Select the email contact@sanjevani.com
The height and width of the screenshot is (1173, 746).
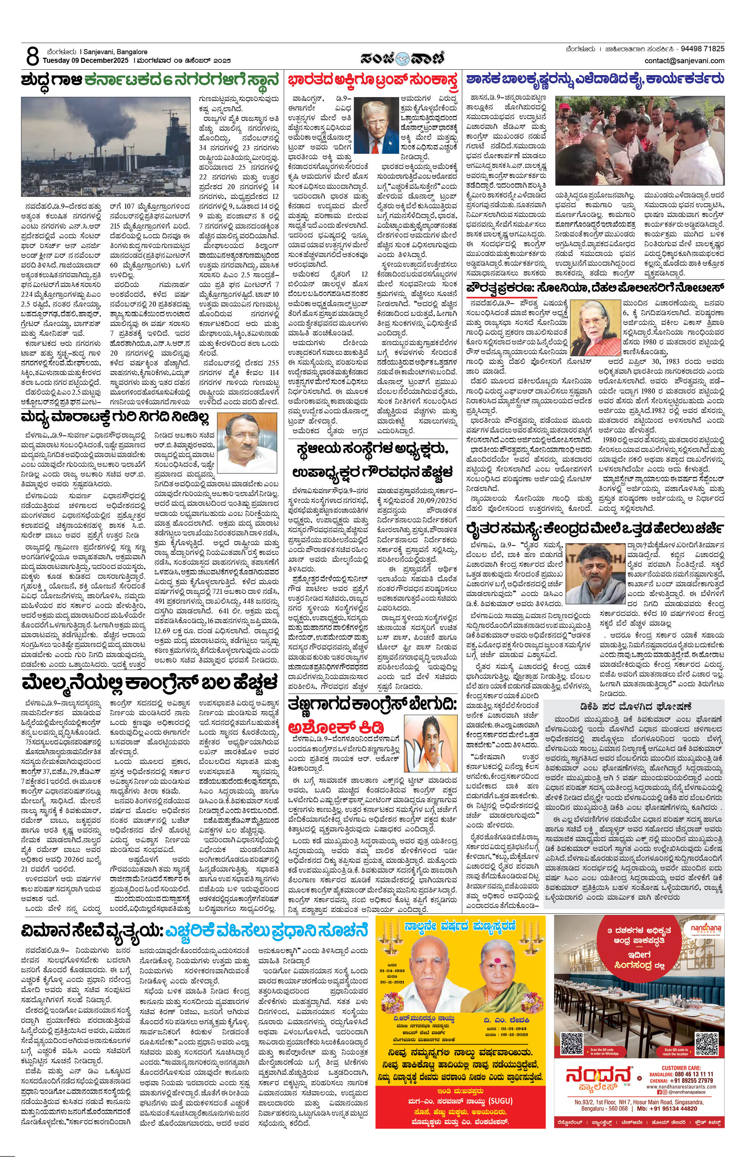click(x=684, y=61)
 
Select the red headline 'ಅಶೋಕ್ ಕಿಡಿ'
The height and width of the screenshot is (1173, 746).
click(x=336, y=727)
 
